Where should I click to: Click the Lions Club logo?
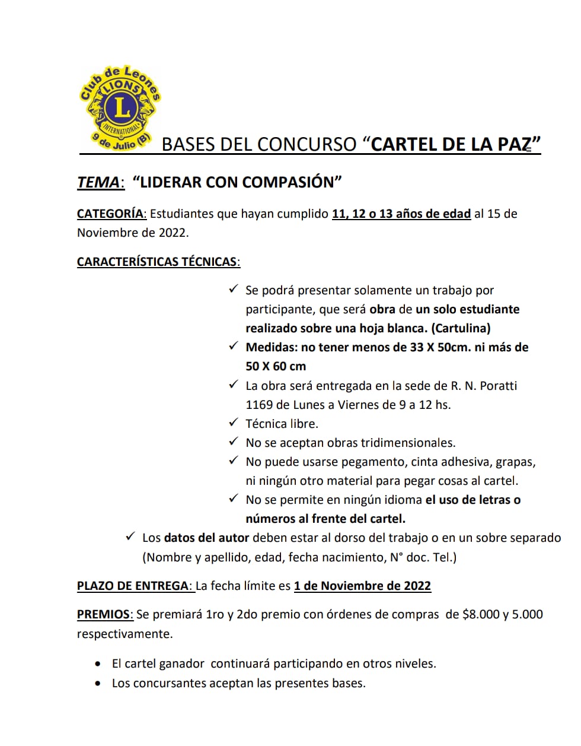pyautogui.click(x=120, y=109)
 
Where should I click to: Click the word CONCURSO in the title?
pyautogui.click(x=307, y=144)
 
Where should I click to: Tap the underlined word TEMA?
pyautogui.click(x=98, y=182)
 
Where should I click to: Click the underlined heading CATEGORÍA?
pyautogui.click(x=110, y=214)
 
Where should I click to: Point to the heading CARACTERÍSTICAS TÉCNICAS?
pyautogui.click(x=158, y=262)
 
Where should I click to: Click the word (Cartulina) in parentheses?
pyautogui.click(x=461, y=328)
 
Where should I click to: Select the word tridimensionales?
pyautogui.click(x=407, y=443)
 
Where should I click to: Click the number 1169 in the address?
pyautogui.click(x=259, y=405)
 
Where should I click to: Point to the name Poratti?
pyautogui.click(x=499, y=386)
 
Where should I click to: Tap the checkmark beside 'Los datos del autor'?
pyautogui.click(x=130, y=537)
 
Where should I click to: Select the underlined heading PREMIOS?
pyautogui.click(x=104, y=614)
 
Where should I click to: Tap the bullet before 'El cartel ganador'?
pyautogui.click(x=98, y=664)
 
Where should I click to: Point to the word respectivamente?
pyautogui.click(x=124, y=634)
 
